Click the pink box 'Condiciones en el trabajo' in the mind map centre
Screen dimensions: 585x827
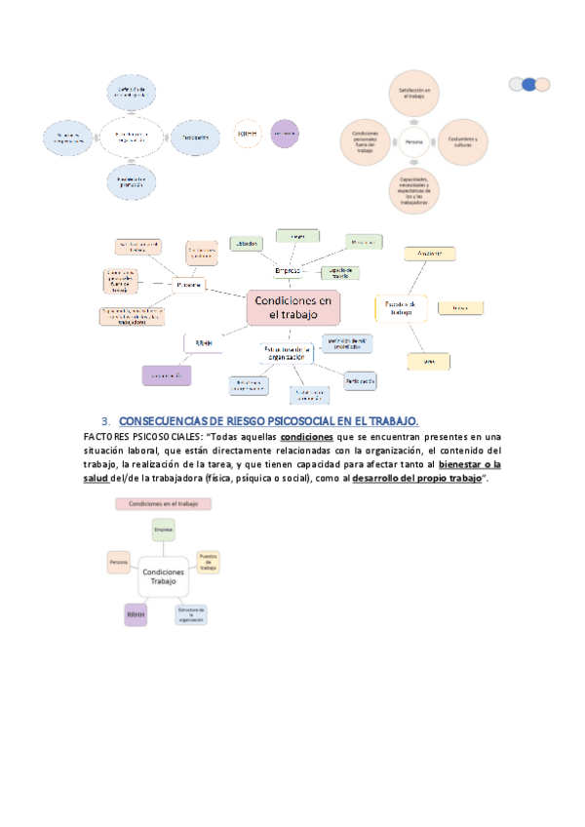pyautogui.click(x=292, y=308)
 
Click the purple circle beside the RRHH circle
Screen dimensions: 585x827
pyautogui.click(x=285, y=134)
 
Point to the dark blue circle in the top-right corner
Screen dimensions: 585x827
pyautogui.click(x=529, y=85)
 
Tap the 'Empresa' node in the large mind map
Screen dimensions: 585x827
pyautogui.click(x=288, y=270)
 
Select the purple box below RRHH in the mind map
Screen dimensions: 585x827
pyautogui.click(x=165, y=374)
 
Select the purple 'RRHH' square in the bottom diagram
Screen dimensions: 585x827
pyautogui.click(x=136, y=615)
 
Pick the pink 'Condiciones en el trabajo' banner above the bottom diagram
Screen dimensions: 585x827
pyautogui.click(x=163, y=504)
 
